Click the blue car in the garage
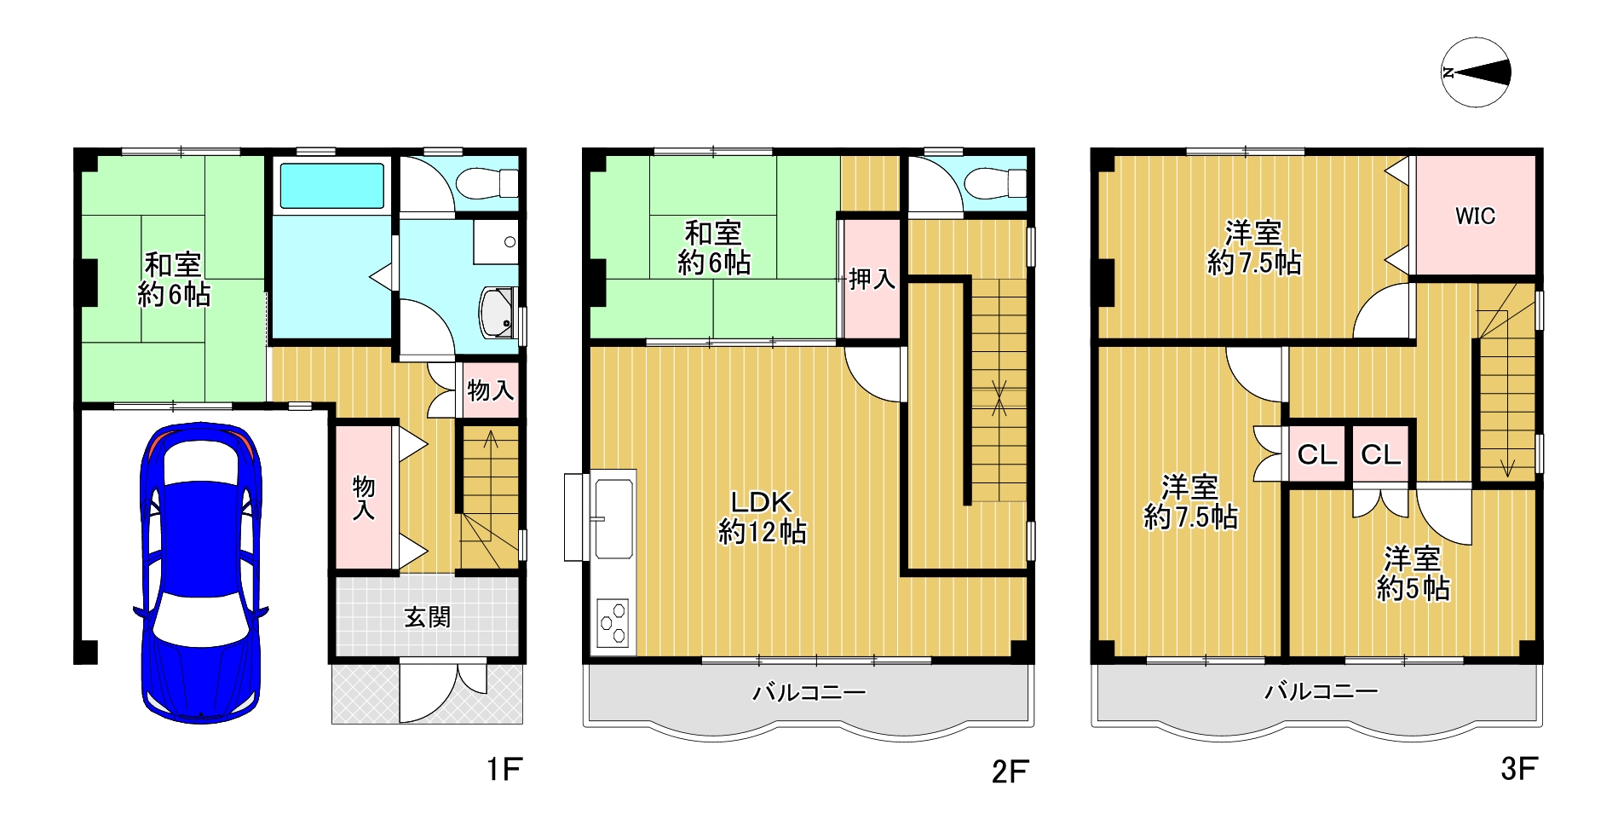point(201,573)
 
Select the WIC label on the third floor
point(1475,216)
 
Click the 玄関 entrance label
point(427,616)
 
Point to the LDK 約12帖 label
point(763,517)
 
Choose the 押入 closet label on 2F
point(872,279)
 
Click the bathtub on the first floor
point(331,184)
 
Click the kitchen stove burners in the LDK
point(613,624)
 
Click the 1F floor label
point(504,769)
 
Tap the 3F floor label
point(1519,769)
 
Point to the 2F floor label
point(1011,771)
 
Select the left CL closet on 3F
point(1316,455)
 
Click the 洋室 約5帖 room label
point(1413,573)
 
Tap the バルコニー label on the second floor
point(809,691)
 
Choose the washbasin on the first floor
point(499,312)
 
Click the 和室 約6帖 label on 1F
point(174,279)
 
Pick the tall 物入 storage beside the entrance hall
point(364,497)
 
